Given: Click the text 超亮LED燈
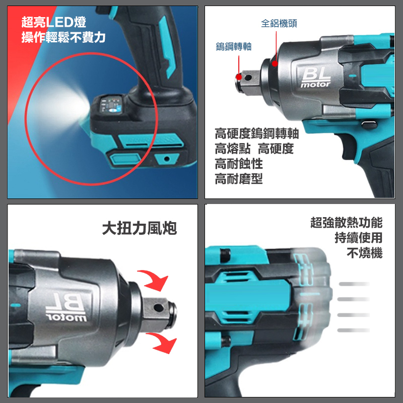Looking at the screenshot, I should click(x=53, y=22).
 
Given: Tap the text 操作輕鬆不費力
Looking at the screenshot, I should click(x=63, y=37).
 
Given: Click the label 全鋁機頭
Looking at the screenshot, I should click(x=279, y=23).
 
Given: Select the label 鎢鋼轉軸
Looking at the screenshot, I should click(x=233, y=47).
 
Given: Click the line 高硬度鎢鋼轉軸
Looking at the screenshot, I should click(x=257, y=133).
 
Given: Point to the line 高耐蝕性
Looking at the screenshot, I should click(x=239, y=164).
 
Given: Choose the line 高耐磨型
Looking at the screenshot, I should click(x=239, y=179).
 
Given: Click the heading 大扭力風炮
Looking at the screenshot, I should click(x=140, y=229).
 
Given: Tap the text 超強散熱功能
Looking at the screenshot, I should click(x=347, y=222).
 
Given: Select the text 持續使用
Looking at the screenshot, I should click(x=358, y=237).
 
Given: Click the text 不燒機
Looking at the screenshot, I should click(x=364, y=253).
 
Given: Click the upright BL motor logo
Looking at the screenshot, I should click(x=316, y=78).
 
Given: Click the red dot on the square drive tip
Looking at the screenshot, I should click(x=238, y=76).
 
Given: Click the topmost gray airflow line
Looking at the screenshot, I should click(x=354, y=284).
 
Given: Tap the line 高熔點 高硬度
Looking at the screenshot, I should click(x=254, y=149).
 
